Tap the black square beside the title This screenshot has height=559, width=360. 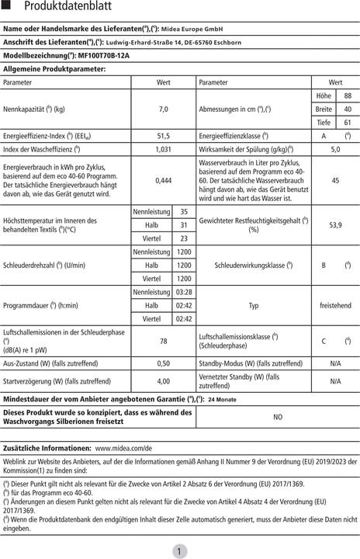coord(7,7)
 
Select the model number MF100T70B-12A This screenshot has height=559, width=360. coord(97,56)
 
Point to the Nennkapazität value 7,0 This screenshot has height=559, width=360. coord(164,109)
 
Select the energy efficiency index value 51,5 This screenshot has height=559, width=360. coord(164,136)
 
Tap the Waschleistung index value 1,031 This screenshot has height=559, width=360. coord(164,149)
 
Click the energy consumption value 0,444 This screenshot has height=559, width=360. coord(164,180)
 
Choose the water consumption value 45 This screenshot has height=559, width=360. coord(335,180)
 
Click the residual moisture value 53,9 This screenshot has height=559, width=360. coord(335,224)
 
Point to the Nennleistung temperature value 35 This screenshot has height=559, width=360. coord(184,211)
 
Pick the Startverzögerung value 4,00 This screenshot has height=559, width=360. coord(164,381)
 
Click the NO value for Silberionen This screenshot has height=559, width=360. coord(278,417)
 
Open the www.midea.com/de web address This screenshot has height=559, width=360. coord(123,449)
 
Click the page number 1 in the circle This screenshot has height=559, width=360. coord(179,550)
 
